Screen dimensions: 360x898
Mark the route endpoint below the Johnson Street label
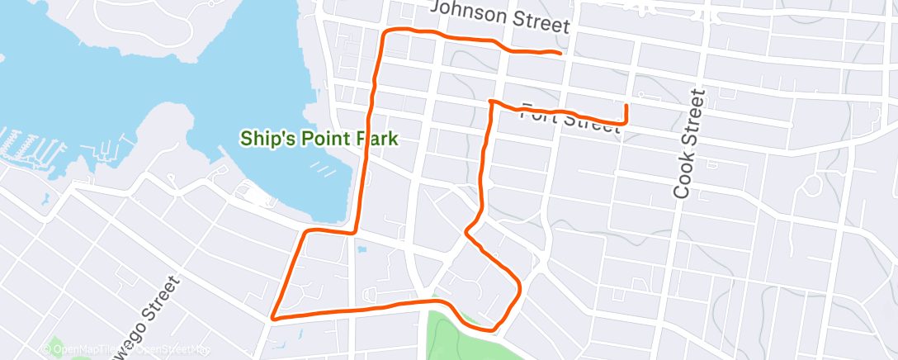click(x=561, y=54)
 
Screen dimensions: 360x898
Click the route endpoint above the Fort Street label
click(x=626, y=106)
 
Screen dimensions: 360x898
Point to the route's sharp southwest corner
click(x=272, y=315)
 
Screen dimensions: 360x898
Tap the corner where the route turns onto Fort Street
click(x=491, y=102)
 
